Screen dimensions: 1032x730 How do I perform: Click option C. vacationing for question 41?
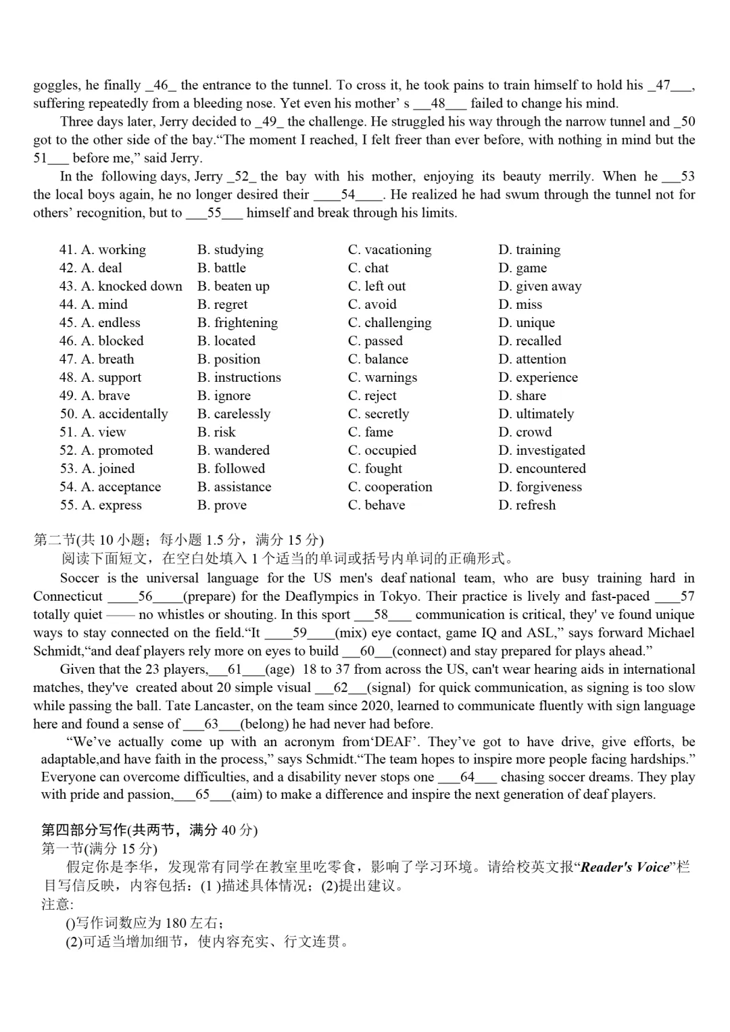pyautogui.click(x=389, y=250)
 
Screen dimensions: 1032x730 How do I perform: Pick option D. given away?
pyautogui.click(x=539, y=287)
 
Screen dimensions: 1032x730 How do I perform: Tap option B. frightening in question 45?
pyautogui.click(x=237, y=323)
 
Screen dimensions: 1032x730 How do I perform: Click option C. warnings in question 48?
pyautogui.click(x=383, y=378)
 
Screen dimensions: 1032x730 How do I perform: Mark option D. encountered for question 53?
pyautogui.click(x=542, y=469)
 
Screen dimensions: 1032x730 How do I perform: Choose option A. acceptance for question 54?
pyautogui.click(x=120, y=487)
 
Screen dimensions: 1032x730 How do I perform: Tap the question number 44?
pyautogui.click(x=68, y=305)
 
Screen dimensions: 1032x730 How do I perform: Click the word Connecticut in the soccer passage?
pyautogui.click(x=68, y=597)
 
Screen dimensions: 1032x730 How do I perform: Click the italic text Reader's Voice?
pyautogui.click(x=625, y=867)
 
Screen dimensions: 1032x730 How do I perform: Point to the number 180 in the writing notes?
pyautogui.click(x=176, y=923)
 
